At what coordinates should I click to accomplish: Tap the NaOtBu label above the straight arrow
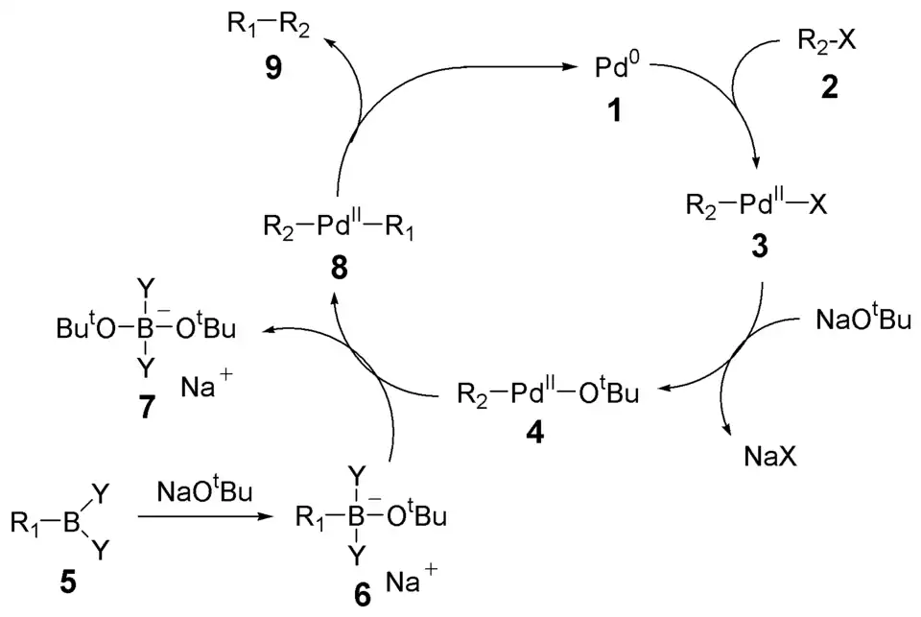pos(205,492)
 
